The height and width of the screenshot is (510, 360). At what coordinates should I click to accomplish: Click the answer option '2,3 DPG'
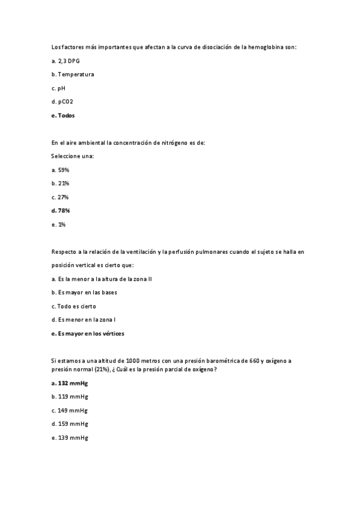pyautogui.click(x=68, y=61)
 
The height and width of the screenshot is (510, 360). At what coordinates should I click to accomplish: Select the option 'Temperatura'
pyautogui.click(x=76, y=75)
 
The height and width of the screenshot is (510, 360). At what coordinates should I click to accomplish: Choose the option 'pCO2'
pyautogui.click(x=66, y=102)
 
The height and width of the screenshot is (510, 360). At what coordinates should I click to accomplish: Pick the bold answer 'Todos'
pyautogui.click(x=66, y=115)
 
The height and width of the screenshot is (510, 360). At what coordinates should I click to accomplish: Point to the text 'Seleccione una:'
pyautogui.click(x=73, y=156)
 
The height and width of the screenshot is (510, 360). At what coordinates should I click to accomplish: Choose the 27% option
pyautogui.click(x=63, y=197)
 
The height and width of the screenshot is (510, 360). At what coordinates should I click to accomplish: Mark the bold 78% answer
pyautogui.click(x=64, y=210)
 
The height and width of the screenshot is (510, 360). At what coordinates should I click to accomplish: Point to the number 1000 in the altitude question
pyautogui.click(x=127, y=361)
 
